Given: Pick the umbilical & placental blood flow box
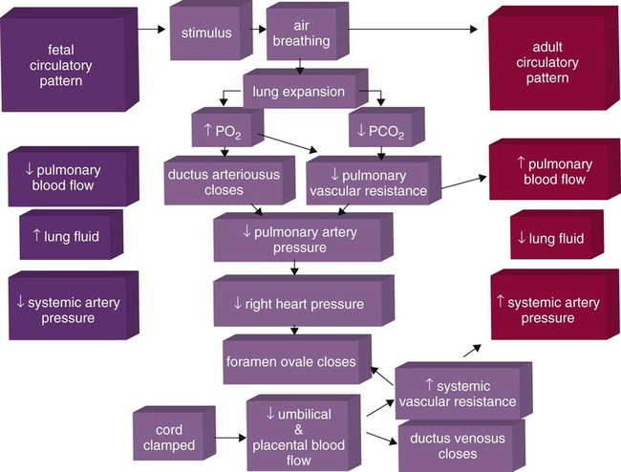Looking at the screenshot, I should click(302, 433).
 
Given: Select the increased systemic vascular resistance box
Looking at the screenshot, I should click(456, 393).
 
